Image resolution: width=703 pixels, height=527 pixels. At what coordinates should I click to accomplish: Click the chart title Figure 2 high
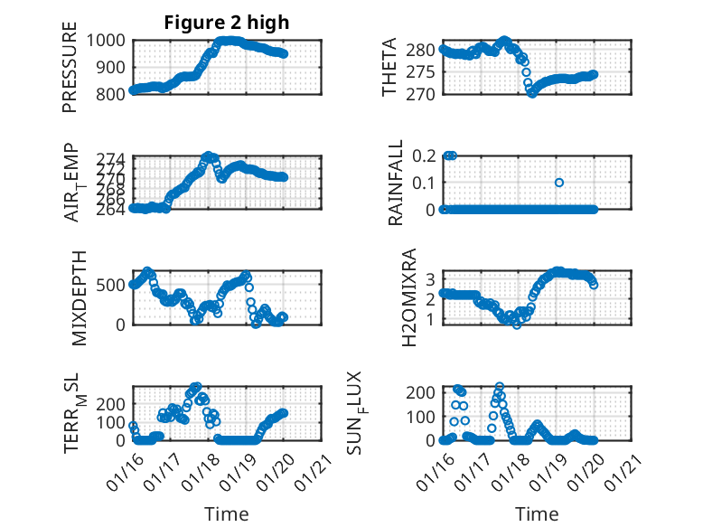227,24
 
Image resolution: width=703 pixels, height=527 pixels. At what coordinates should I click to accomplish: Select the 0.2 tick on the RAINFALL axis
425,155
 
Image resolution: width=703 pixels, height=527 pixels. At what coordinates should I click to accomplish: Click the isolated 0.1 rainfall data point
559,183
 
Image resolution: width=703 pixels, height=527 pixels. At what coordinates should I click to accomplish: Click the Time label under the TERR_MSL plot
227,513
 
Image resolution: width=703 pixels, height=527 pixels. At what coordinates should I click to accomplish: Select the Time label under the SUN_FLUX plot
537,513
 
